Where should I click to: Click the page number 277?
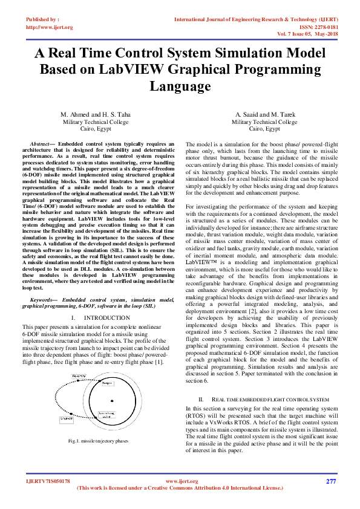click(x=330, y=481)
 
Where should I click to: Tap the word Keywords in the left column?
click(x=44, y=299)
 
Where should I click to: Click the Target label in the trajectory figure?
click(x=108, y=383)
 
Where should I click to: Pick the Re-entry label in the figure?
click(x=78, y=376)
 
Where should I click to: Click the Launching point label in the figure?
click(x=106, y=415)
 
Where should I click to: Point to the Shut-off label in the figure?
click(x=67, y=418)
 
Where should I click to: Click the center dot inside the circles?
click(x=112, y=401)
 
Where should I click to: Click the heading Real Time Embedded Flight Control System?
click(x=272, y=400)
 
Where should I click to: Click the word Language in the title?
click(x=180, y=86)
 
